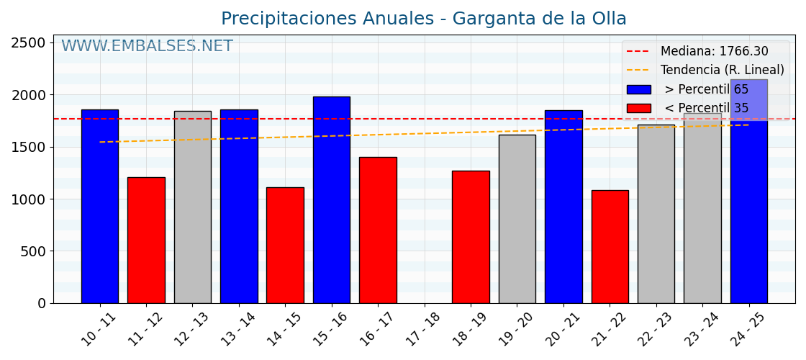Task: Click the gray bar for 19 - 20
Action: [517, 219]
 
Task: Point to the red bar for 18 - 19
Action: [471, 237]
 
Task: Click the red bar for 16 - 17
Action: [378, 230]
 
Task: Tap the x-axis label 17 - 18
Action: [422, 330]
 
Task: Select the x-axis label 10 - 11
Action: [98, 330]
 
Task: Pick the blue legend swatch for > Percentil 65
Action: [638, 89]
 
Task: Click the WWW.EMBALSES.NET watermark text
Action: [147, 47]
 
